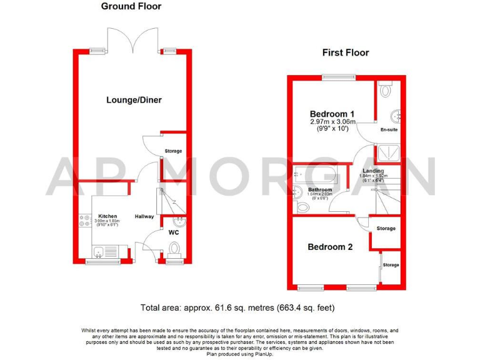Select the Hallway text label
tap(144, 217)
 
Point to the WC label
tap(174, 232)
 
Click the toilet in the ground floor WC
tap(175, 251)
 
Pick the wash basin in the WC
tap(179, 220)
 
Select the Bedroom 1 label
tap(332, 114)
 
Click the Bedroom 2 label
tap(330, 247)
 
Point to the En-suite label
tap(389, 130)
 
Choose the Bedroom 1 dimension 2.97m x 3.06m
tap(332, 122)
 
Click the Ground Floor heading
tap(131, 6)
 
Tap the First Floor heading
tap(346, 52)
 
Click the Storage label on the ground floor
tap(173, 151)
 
